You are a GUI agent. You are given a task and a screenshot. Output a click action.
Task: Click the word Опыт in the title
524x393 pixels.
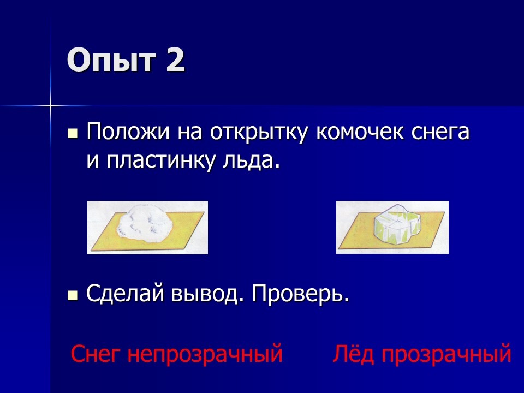(111, 60)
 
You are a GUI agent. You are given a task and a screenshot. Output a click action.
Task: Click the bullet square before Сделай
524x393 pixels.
(73, 295)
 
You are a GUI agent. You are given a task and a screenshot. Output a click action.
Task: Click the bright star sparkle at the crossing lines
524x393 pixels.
(50, 106)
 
